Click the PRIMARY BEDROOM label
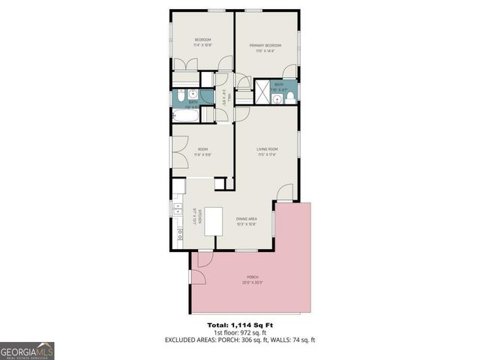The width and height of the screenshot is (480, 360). [x=265, y=45]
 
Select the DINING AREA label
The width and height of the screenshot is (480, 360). [x=247, y=219]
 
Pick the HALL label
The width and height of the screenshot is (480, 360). [x=222, y=97]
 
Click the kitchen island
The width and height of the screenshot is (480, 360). [x=214, y=222]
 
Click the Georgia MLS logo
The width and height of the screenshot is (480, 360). [x=27, y=351]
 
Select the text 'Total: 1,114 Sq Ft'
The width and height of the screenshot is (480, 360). [x=240, y=325]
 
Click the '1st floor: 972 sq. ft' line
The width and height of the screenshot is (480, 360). [x=240, y=333]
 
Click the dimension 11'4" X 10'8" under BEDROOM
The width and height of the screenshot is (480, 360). [x=202, y=45]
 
